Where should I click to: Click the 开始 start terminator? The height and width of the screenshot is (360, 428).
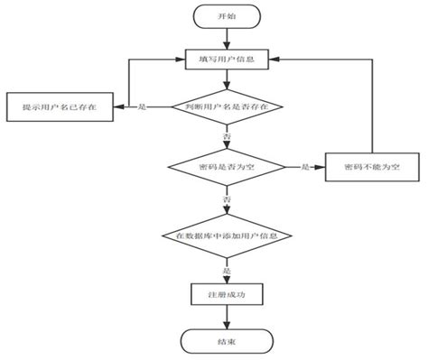pyautogui.click(x=227, y=17)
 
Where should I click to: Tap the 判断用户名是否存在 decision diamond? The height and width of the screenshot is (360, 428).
pyautogui.click(x=227, y=106)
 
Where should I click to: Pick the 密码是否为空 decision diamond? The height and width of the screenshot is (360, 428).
pyautogui.click(x=227, y=167)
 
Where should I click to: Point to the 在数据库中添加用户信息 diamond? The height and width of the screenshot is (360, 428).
pyautogui.click(x=227, y=235)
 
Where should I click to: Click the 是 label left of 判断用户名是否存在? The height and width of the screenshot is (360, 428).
pyautogui.click(x=143, y=106)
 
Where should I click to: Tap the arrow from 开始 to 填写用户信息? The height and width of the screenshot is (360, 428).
pyautogui.click(x=227, y=38)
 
